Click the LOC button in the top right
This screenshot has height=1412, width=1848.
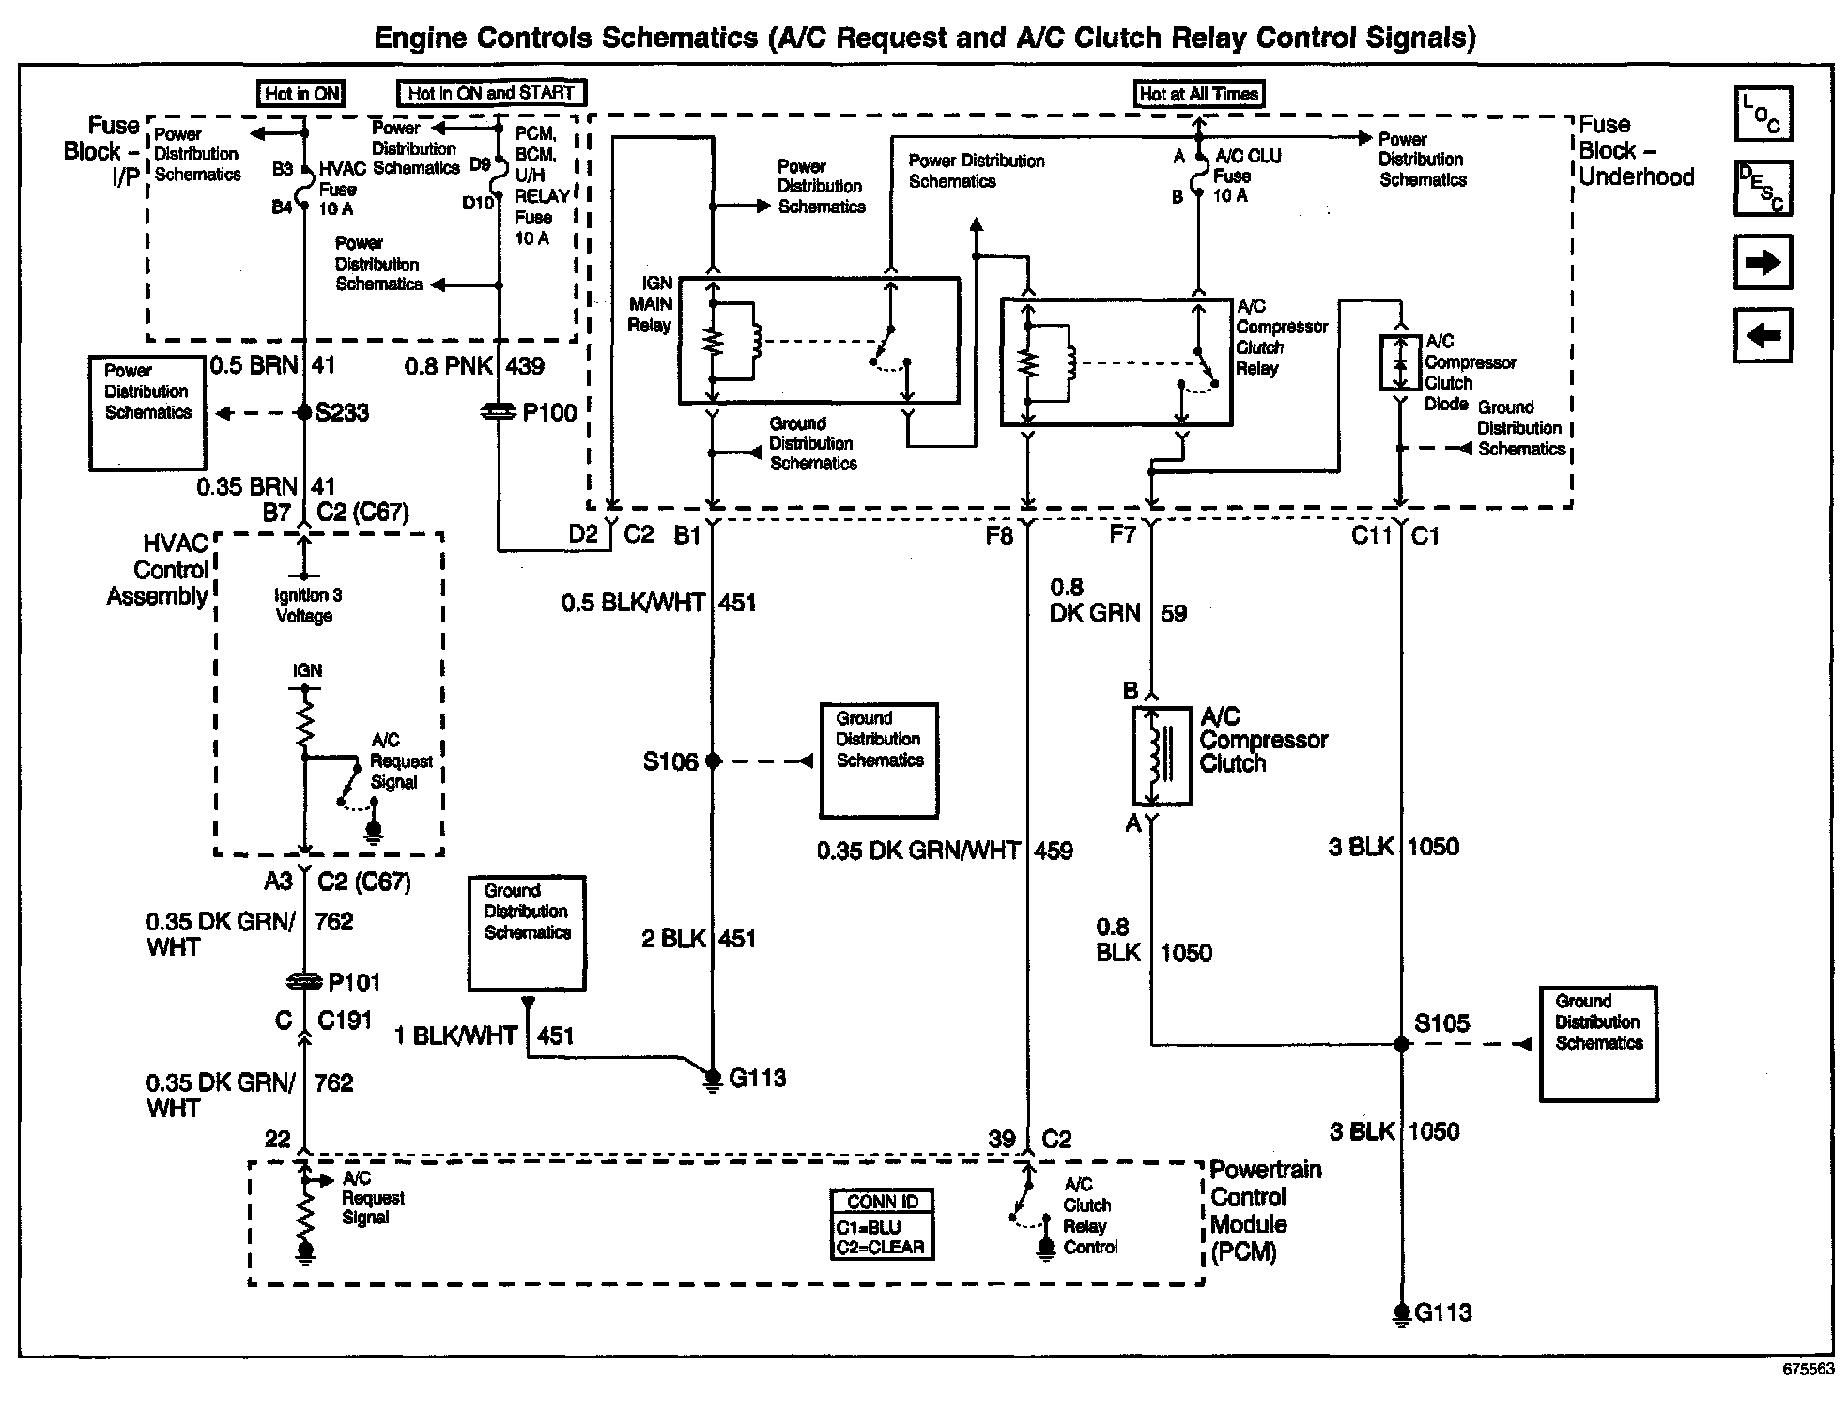coord(1763,114)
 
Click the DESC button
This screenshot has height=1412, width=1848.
coord(1763,188)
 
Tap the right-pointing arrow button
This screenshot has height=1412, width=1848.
coord(1763,261)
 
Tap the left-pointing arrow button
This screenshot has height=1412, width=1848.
coord(1763,334)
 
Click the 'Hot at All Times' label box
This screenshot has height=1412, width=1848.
coord(1198,94)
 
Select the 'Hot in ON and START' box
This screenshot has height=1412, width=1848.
coord(491,93)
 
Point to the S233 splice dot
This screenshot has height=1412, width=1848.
coord(304,412)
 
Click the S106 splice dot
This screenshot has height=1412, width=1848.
coord(713,760)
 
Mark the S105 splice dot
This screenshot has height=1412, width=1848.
coord(1401,1044)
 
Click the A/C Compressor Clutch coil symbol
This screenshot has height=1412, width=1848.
coord(1162,757)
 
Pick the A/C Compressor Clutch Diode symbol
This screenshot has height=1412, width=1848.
coord(1400,362)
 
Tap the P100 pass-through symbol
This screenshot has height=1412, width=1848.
coord(498,411)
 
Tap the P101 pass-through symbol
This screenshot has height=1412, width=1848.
coord(304,982)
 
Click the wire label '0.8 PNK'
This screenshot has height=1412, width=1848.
coord(448,365)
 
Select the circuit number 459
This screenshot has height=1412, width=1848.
coord(1054,851)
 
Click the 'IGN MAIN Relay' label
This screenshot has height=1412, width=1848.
coord(651,304)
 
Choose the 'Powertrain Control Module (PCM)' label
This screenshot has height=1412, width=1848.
coord(1264,1210)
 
